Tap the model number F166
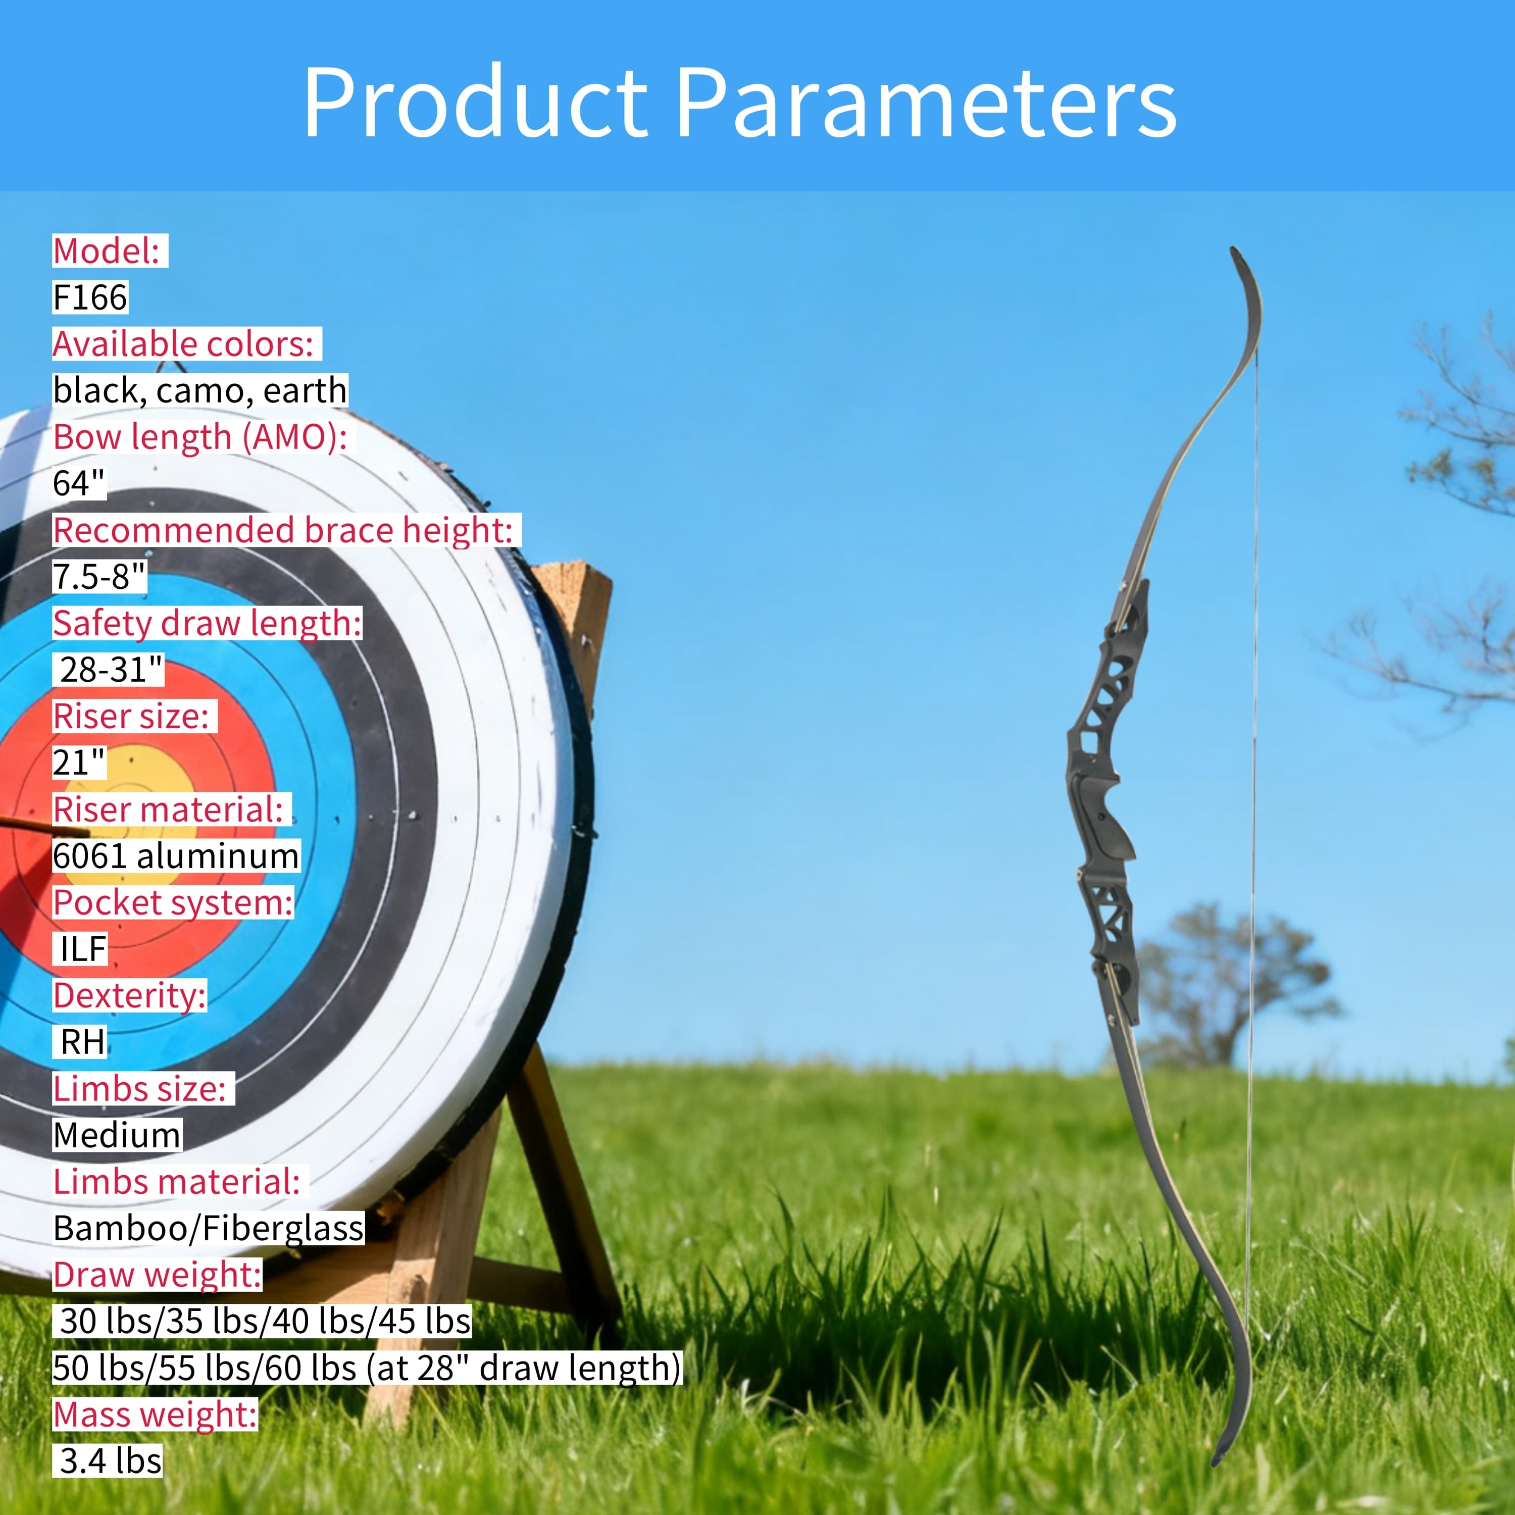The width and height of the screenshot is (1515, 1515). click(x=89, y=297)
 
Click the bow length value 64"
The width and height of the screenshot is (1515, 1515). click(x=78, y=483)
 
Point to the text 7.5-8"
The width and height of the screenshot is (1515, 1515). click(x=99, y=576)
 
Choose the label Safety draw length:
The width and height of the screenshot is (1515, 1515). click(x=207, y=623)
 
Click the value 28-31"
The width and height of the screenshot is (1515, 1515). click(x=111, y=670)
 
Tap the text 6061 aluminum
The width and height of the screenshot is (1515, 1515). click(x=176, y=855)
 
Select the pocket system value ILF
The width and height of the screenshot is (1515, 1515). click(x=83, y=949)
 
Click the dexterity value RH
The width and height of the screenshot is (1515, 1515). click(x=82, y=1042)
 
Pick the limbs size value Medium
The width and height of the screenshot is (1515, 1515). click(x=117, y=1135)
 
